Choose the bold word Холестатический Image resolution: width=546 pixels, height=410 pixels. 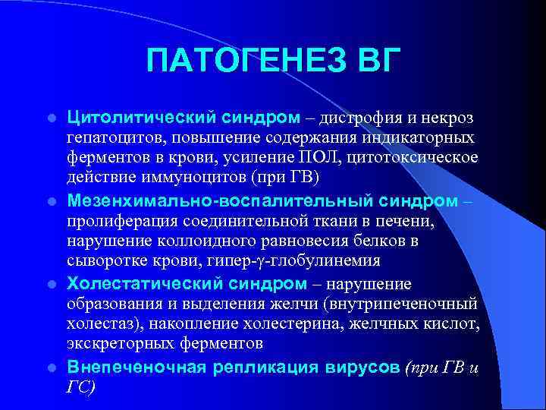click(136, 284)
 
